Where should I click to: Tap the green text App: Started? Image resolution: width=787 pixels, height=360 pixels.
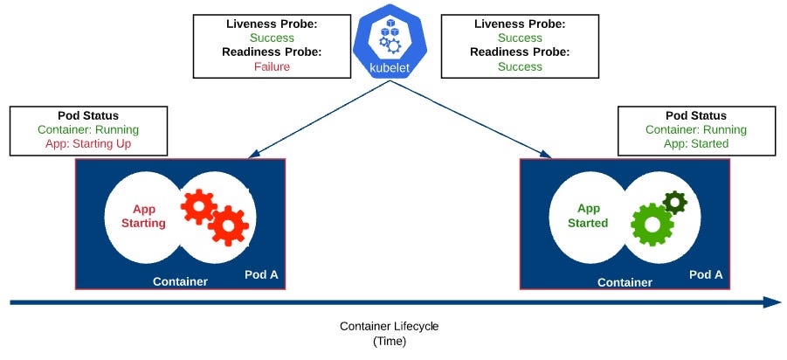pyautogui.click(x=695, y=143)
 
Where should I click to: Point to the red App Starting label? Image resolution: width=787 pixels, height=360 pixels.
pyautogui.click(x=148, y=216)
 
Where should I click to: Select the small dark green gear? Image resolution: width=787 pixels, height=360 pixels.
pyautogui.click(x=674, y=203)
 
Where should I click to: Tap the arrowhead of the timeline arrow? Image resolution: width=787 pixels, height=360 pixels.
pyautogui.click(x=772, y=302)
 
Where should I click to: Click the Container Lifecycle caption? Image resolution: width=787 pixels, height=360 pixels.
pyautogui.click(x=390, y=326)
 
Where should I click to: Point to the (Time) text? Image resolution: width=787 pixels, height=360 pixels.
pyautogui.click(x=390, y=341)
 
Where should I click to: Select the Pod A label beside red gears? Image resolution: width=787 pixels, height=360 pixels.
pyautogui.click(x=261, y=274)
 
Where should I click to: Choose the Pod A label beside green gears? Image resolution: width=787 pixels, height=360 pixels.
pyautogui.click(x=706, y=274)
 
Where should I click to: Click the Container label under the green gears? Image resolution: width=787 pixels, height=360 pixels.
pyautogui.click(x=625, y=282)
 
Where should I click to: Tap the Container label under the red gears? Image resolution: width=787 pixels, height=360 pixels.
pyautogui.click(x=180, y=281)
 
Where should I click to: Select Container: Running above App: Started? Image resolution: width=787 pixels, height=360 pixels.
pyautogui.click(x=695, y=129)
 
